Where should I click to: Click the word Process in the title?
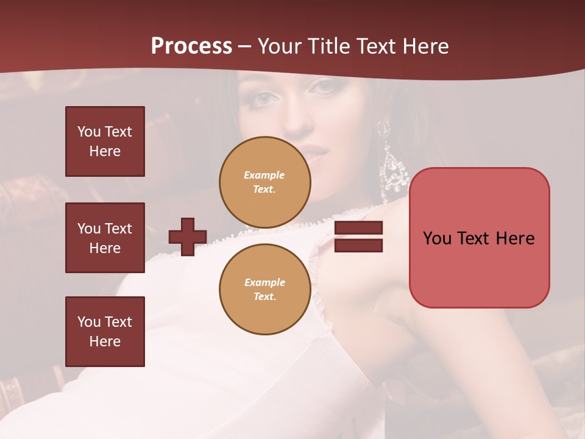point(191,46)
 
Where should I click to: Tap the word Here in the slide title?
point(425,46)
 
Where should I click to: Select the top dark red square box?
point(105,141)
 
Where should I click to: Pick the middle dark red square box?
point(105,238)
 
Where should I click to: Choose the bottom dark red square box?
point(105,332)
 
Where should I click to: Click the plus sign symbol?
point(188,237)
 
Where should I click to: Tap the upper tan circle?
point(265,182)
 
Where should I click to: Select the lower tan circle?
point(265,290)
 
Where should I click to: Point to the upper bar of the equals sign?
point(358,228)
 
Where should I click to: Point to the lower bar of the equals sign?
point(358,245)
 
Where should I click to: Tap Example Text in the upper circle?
point(264,182)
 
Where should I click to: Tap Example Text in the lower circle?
point(264,290)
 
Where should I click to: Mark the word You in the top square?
point(89,132)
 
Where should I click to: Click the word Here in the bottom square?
point(105,341)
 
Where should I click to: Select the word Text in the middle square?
point(118,229)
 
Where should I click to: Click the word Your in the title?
point(281,46)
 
